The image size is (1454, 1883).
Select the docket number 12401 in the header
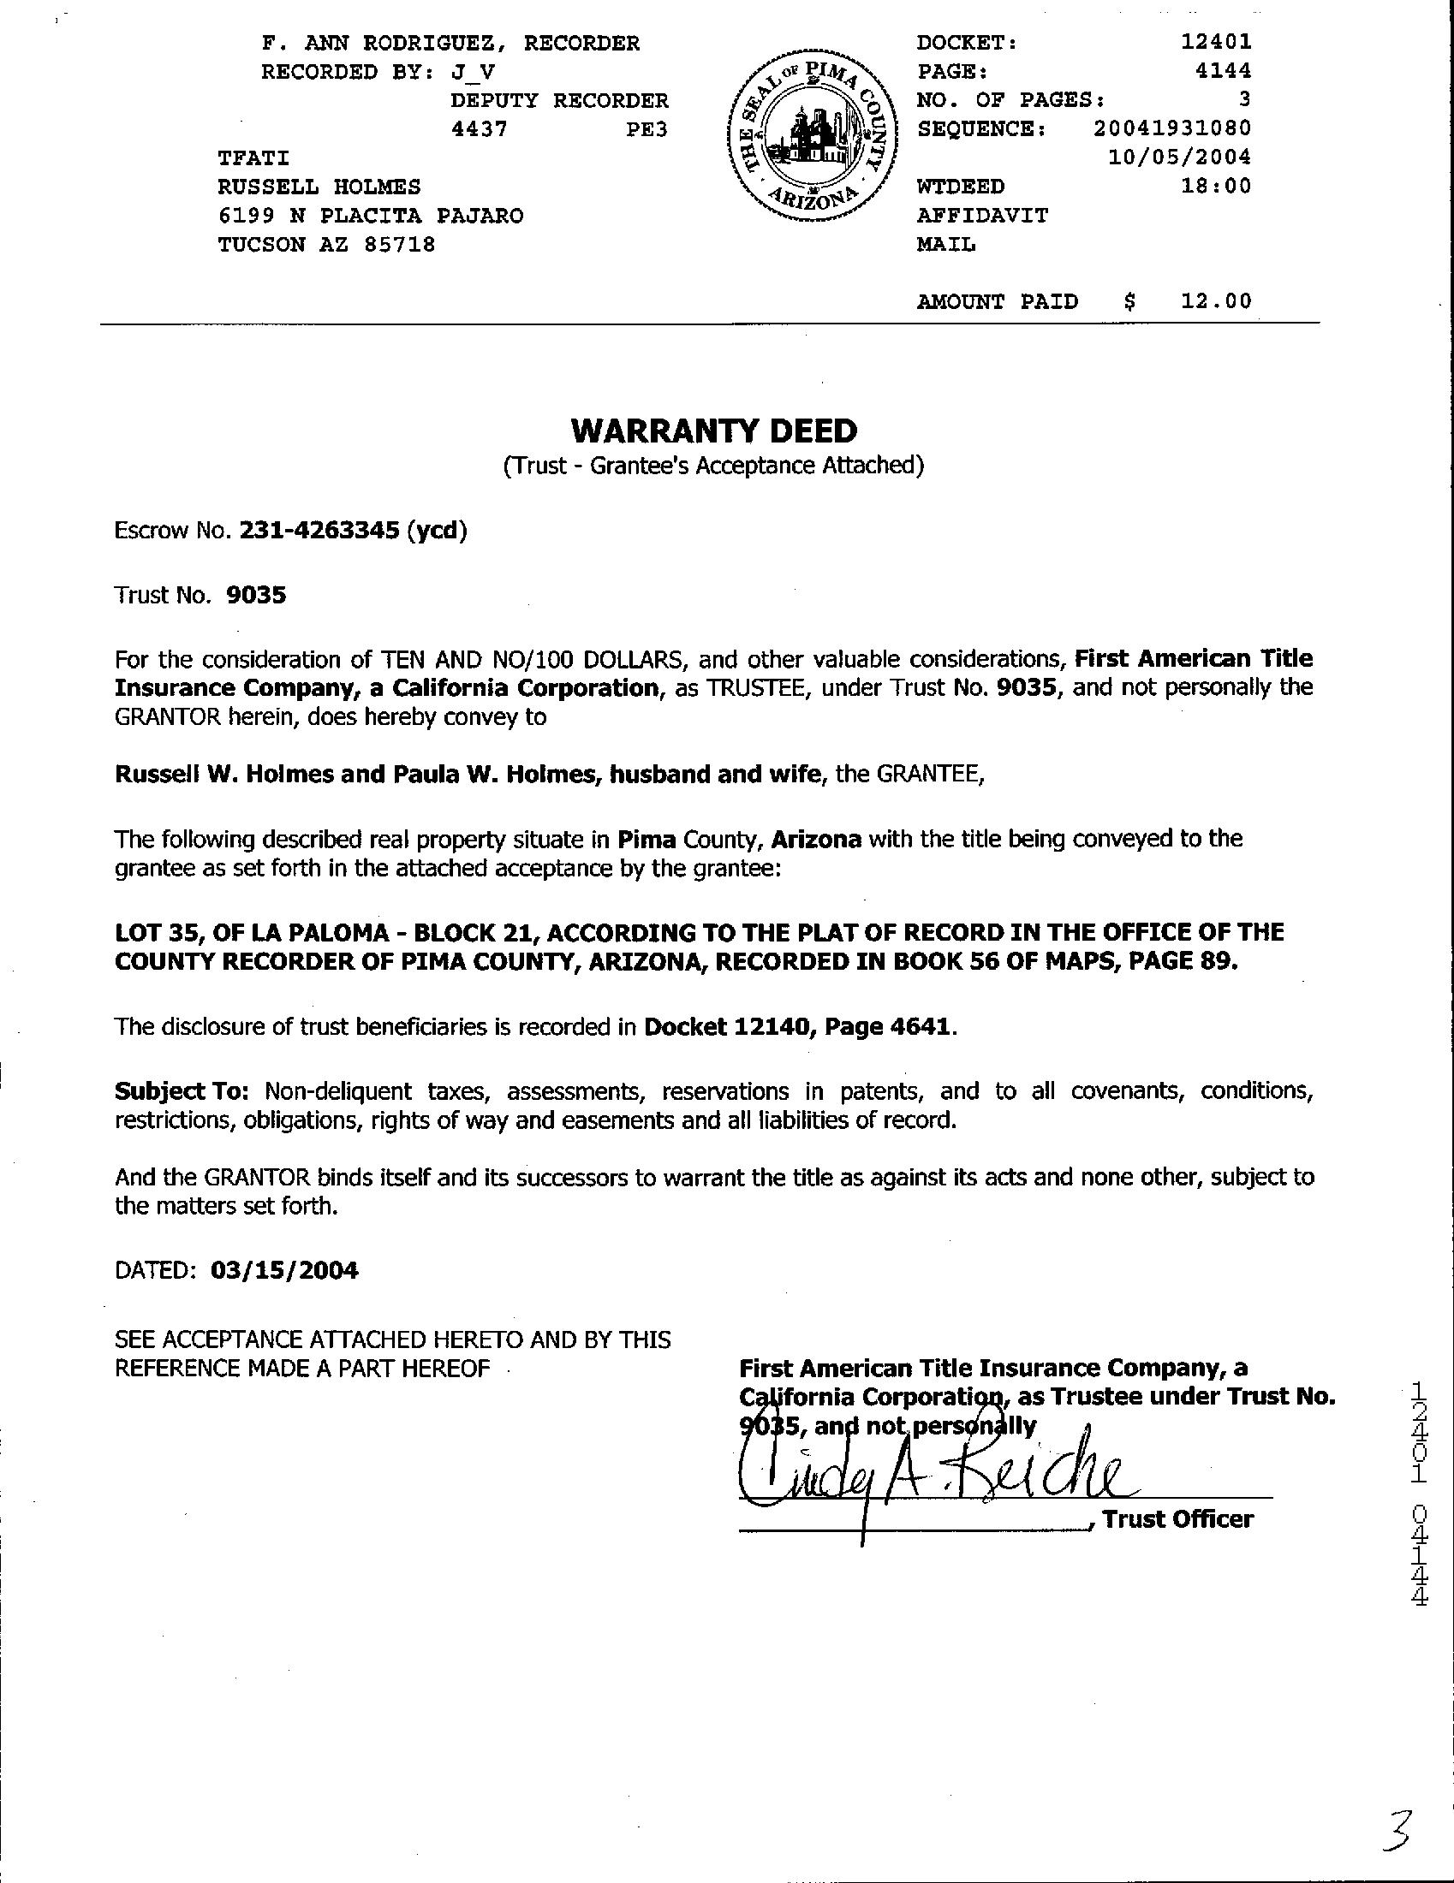click(1216, 41)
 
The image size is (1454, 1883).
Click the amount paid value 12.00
click(1216, 301)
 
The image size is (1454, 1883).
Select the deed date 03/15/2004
click(283, 1270)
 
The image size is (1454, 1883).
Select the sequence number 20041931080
click(1172, 128)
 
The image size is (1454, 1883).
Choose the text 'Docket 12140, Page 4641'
click(798, 1027)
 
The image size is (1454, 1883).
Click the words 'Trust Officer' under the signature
click(1178, 1519)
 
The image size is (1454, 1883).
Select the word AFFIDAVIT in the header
click(982, 216)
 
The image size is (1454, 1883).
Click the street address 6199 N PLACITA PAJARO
click(370, 216)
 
